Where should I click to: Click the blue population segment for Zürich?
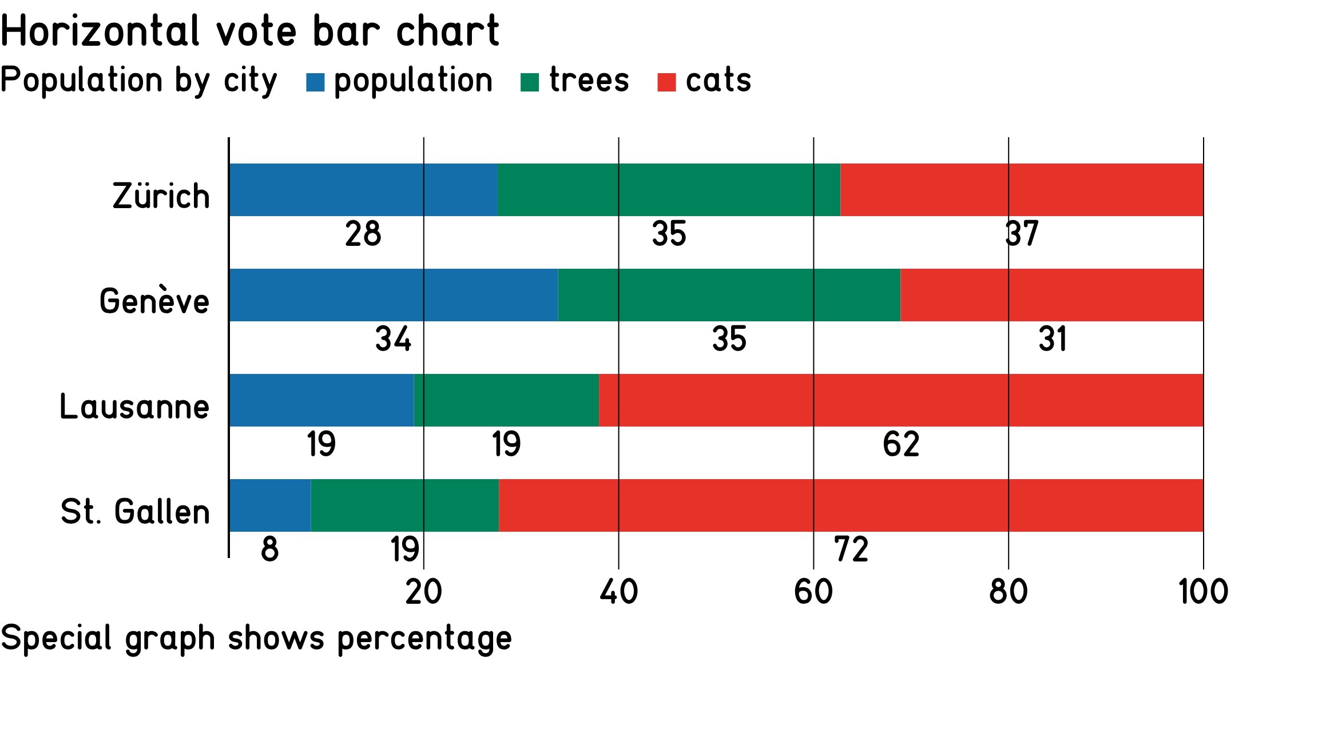click(363, 190)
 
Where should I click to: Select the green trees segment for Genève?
click(729, 295)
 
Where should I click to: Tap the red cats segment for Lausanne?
click(901, 400)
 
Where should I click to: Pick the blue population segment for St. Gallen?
click(270, 505)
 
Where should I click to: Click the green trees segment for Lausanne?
click(506, 400)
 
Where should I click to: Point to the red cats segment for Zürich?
click(1022, 190)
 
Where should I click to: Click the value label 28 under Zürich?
click(363, 234)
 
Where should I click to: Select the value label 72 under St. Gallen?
click(851, 549)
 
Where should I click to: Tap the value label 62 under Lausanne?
click(901, 444)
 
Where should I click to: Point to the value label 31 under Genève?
click(1052, 339)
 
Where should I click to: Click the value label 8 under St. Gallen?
click(270, 549)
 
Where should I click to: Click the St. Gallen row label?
click(135, 511)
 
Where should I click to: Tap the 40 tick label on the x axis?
click(618, 592)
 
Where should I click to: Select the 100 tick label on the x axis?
click(1203, 592)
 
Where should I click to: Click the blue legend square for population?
click(315, 82)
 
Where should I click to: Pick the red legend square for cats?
click(666, 82)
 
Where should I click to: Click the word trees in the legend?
click(589, 80)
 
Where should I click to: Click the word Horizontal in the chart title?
click(101, 31)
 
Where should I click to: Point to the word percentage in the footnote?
click(424, 639)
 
